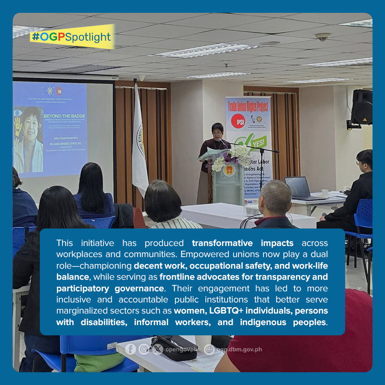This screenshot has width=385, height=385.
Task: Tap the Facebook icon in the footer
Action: (x=131, y=349)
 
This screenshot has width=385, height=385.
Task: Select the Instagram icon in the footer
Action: (x=144, y=349)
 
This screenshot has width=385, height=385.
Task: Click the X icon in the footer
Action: (x=157, y=349)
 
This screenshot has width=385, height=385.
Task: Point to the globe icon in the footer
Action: (x=209, y=349)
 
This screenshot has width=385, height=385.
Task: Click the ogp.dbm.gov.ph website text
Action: (x=239, y=349)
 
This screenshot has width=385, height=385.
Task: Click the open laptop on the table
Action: (x=299, y=188)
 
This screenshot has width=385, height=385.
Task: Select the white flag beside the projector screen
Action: (x=139, y=137)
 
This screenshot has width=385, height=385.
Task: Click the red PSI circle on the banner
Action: (x=238, y=121)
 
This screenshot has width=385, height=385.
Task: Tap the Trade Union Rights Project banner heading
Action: (x=248, y=104)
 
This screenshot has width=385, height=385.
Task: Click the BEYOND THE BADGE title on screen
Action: (x=64, y=116)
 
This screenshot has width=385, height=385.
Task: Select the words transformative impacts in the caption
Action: (x=243, y=243)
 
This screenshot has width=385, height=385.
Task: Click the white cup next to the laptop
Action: (x=325, y=193)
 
